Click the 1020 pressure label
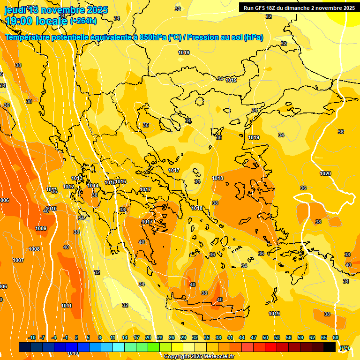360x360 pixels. click(x=325, y=174)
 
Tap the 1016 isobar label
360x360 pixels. click(x=120, y=181)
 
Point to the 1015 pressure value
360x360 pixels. click(x=110, y=182)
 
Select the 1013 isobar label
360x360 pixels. click(x=77, y=178)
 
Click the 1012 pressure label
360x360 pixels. click(x=69, y=187)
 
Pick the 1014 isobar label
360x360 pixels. click(x=93, y=186)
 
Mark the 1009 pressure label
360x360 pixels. click(x=41, y=228)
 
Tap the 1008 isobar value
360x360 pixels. click(x=34, y=249)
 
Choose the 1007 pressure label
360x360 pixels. click(x=18, y=260)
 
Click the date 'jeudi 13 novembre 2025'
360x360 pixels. click(x=56, y=10)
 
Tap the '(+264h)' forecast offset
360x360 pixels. click(x=83, y=21)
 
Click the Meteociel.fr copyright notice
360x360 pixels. click(x=199, y=357)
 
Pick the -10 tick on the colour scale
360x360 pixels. click(x=32, y=337)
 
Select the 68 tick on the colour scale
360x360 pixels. click(x=336, y=337)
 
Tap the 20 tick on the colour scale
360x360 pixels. click(x=148, y=337)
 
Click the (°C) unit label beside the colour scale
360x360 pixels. click(x=345, y=348)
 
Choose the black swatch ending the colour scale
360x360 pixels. click(x=330, y=347)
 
